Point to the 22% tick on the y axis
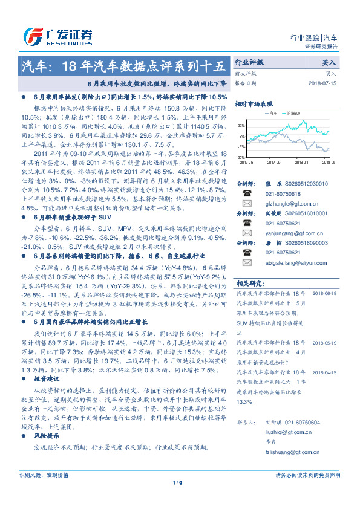(241, 125)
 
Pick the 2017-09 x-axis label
(273, 162)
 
